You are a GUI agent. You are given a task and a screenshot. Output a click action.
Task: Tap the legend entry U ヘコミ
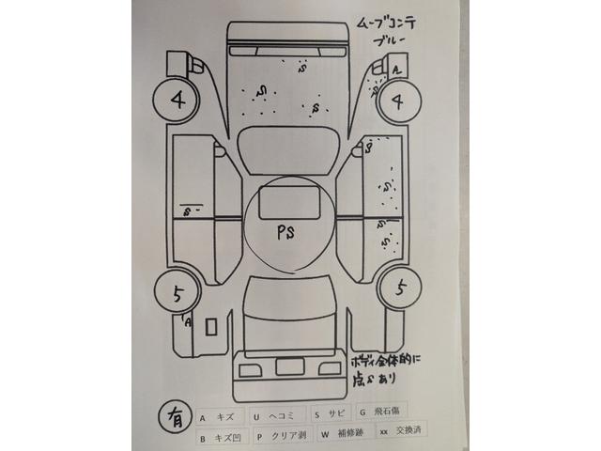click(x=273, y=414)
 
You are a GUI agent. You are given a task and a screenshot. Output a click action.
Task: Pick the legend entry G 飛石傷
click(x=382, y=414)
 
